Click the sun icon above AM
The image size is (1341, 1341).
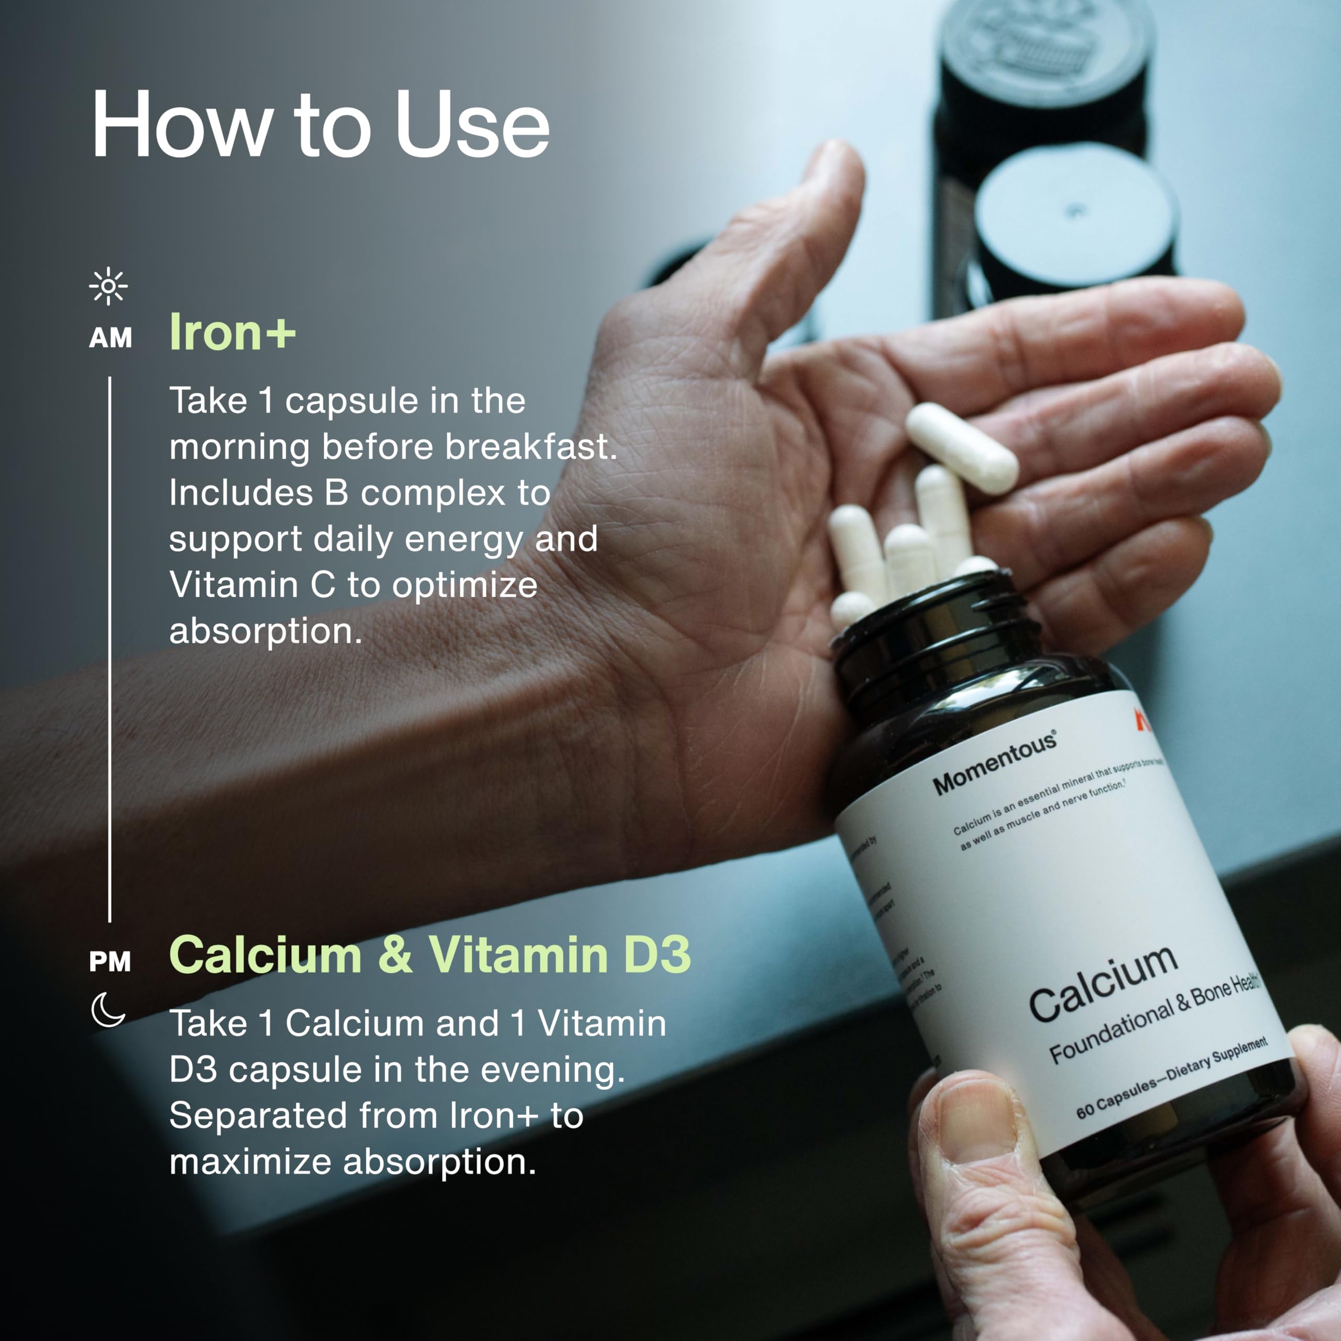click(108, 285)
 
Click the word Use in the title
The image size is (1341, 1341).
click(472, 125)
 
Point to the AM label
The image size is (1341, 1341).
click(111, 338)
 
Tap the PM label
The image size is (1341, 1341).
click(109, 962)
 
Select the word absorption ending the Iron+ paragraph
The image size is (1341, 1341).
click(266, 631)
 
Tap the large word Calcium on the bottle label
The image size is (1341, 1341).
click(1104, 982)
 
